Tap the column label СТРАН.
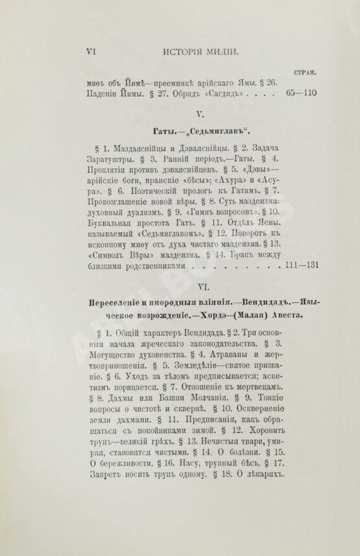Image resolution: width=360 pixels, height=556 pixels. click(x=304, y=73)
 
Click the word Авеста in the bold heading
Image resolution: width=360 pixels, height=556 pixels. click(x=268, y=317)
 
